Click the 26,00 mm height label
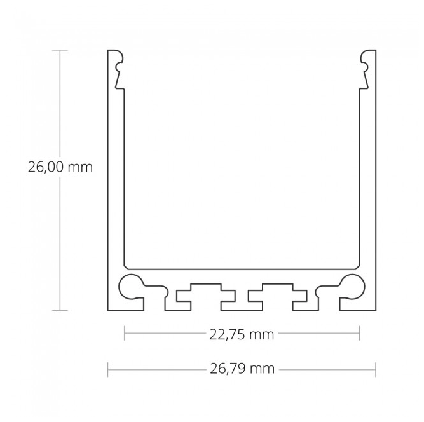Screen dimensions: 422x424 (x=60, y=167)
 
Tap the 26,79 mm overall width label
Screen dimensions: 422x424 (x=242, y=369)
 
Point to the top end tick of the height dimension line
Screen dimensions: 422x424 (x=60, y=50)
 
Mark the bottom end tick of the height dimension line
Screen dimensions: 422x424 (x=60, y=310)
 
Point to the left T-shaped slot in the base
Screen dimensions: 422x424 (x=198, y=294)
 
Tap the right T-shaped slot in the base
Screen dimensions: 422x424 (x=273, y=294)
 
